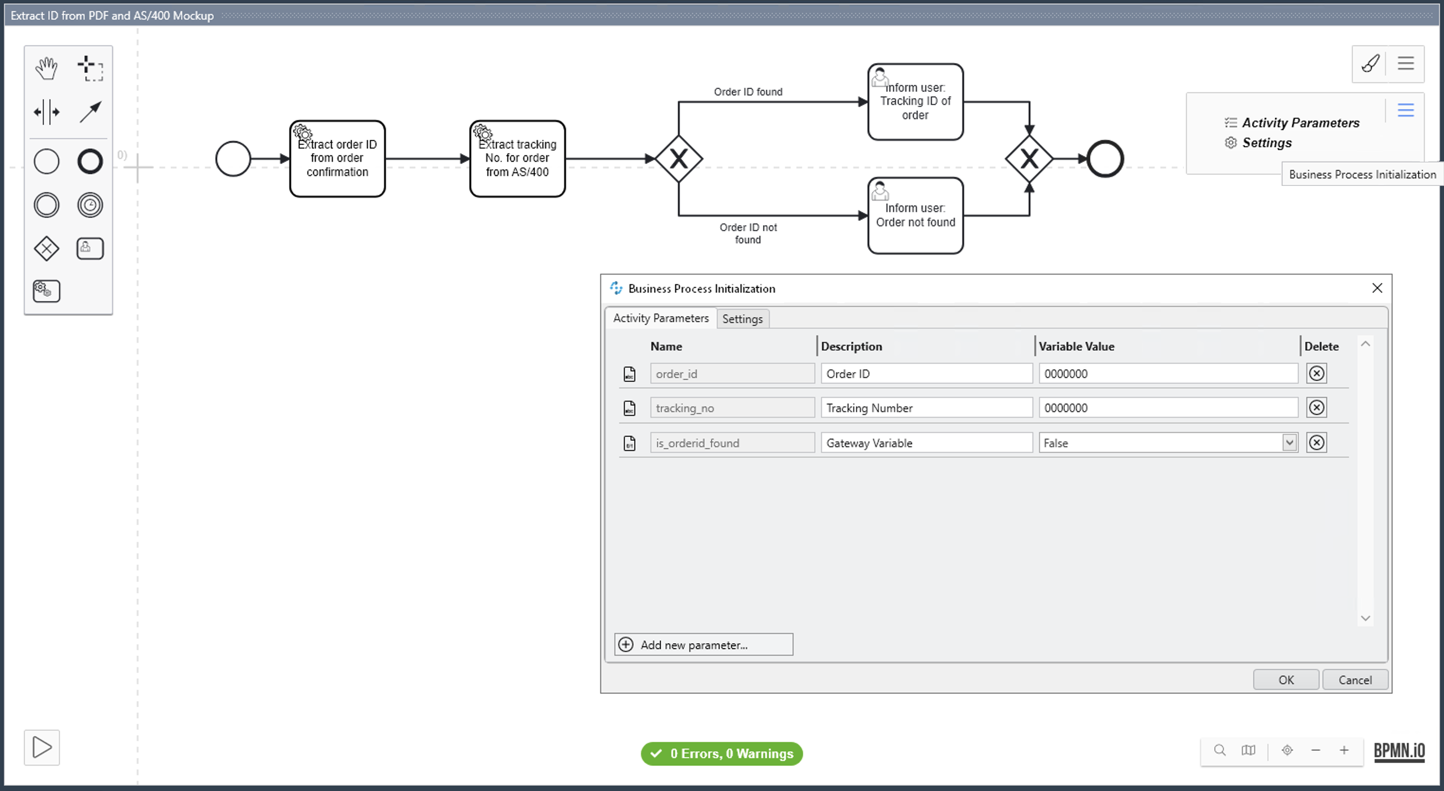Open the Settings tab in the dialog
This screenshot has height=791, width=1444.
click(742, 318)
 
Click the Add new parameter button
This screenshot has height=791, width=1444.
click(704, 644)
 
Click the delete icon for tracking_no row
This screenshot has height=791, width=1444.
click(1316, 407)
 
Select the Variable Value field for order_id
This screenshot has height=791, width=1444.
click(1168, 373)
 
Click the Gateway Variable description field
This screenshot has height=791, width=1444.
click(926, 443)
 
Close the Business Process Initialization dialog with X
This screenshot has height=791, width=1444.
click(1377, 288)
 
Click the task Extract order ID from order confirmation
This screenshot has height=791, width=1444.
click(338, 159)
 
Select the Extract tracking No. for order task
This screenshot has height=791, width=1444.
click(517, 159)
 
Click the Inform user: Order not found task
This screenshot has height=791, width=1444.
click(915, 216)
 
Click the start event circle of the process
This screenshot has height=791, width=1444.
click(233, 159)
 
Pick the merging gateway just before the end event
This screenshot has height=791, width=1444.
click(1029, 159)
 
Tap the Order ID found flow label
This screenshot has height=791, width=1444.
click(748, 92)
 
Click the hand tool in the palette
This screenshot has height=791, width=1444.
click(46, 68)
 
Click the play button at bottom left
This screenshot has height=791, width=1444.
click(42, 747)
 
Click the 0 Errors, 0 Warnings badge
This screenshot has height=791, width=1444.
click(722, 754)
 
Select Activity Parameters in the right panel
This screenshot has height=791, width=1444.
click(1300, 123)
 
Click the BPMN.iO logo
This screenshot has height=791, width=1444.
click(1398, 751)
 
